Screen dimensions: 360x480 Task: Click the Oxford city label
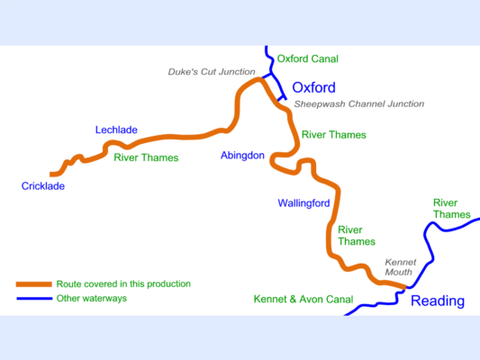point(313,88)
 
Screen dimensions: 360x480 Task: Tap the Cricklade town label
point(44,186)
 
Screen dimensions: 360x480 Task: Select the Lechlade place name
point(116,130)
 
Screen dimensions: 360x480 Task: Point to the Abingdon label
point(242,156)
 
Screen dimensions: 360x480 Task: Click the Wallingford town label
point(303,203)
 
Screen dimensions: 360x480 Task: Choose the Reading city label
point(438,301)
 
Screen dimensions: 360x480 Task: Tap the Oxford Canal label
point(307,58)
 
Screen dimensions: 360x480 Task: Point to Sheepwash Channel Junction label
point(358,104)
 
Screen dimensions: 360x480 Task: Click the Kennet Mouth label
point(398,264)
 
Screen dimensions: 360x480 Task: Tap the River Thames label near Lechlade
point(146,157)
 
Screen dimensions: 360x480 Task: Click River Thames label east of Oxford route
point(334,135)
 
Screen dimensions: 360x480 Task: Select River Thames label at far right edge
point(451,208)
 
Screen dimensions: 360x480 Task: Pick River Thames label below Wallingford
point(356,236)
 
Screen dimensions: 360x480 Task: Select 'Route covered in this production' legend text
point(123,283)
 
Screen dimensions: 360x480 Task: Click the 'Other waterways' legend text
point(91,298)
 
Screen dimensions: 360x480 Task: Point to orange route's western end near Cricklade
point(52,173)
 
